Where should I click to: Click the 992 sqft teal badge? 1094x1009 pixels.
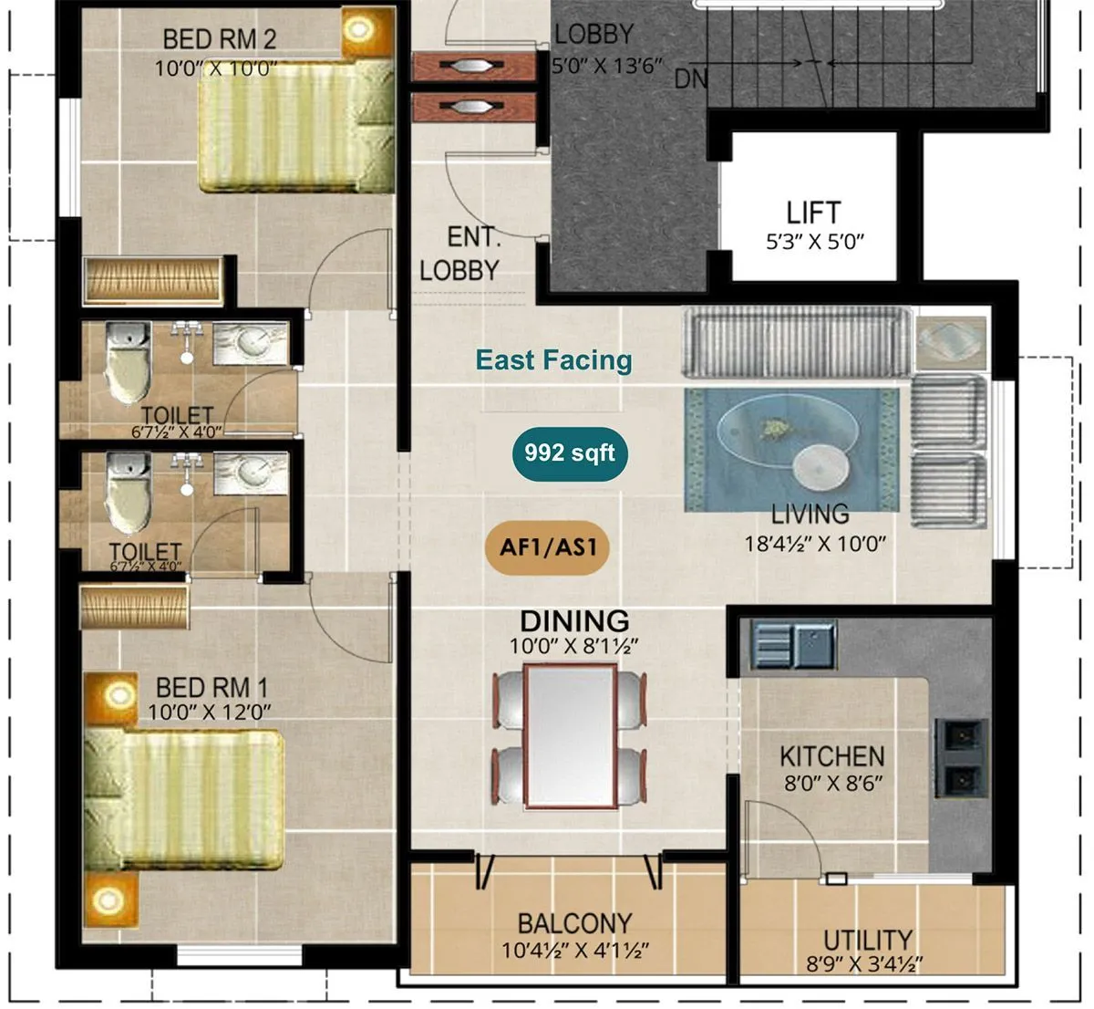click(570, 452)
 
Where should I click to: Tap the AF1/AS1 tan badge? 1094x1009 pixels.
click(547, 547)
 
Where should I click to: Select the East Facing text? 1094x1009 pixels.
click(553, 359)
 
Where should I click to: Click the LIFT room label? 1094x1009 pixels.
click(813, 213)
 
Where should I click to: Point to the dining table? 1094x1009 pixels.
click(570, 735)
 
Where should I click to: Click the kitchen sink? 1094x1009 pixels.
click(793, 644)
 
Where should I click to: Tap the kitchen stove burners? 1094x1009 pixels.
click(961, 756)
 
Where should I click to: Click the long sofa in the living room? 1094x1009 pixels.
click(797, 343)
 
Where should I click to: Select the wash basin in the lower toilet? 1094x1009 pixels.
click(252, 473)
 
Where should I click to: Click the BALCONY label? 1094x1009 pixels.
click(574, 923)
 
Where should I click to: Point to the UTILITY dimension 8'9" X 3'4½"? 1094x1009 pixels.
click(864, 962)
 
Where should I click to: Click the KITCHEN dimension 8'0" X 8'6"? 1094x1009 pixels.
click(831, 783)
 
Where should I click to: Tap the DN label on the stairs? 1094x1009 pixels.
click(691, 79)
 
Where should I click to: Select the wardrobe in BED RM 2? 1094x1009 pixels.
click(152, 280)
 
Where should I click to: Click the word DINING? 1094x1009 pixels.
click(574, 621)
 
